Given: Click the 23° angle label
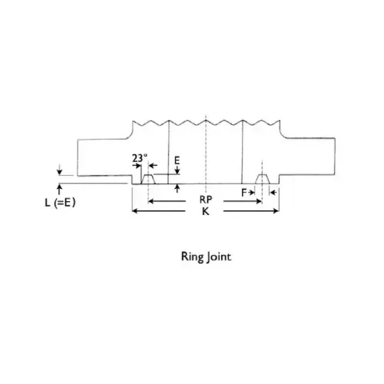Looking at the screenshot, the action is click(x=140, y=158).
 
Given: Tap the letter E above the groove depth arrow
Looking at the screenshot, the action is click(x=177, y=161).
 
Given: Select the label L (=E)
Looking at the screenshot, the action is click(x=60, y=203).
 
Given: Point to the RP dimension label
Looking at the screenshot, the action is click(x=206, y=200).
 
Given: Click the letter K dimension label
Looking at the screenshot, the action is click(x=206, y=211).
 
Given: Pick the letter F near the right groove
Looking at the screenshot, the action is click(x=244, y=192).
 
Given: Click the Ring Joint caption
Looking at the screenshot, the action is click(x=206, y=257).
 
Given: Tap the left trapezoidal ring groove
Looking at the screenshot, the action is click(x=148, y=179).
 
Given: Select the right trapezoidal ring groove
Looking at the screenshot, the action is click(x=262, y=179).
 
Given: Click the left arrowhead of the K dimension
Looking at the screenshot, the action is click(x=133, y=211).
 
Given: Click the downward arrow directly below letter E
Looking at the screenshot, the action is click(x=177, y=170).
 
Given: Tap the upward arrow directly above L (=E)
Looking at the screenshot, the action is click(x=59, y=190).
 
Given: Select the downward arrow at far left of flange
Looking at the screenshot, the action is click(x=59, y=170).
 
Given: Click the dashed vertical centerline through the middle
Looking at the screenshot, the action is click(x=206, y=154).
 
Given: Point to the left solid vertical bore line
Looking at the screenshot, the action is click(x=168, y=152).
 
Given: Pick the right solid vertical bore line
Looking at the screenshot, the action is click(x=242, y=152).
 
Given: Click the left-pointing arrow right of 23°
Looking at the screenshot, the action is click(x=153, y=165).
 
